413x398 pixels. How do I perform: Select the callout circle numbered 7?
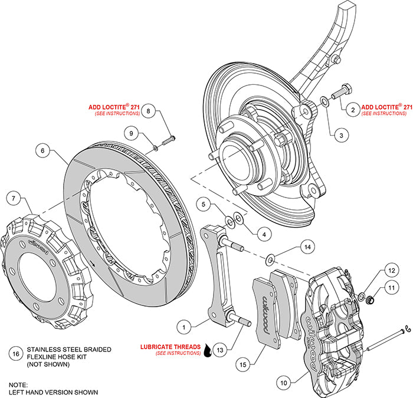[x=14, y=199]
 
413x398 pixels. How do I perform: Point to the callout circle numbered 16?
[x=16, y=354]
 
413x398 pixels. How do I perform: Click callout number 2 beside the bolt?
[x=352, y=108]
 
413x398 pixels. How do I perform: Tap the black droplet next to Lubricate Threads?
[x=208, y=353]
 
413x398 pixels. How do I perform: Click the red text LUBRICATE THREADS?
[x=170, y=347]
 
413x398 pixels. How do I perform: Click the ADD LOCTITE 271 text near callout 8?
[x=114, y=107]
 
